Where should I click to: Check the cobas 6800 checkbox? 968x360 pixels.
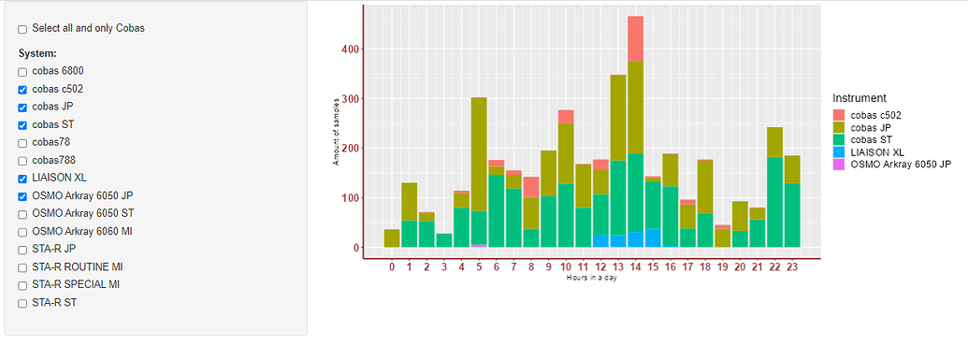[x=22, y=72]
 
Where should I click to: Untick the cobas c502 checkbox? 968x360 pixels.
[x=22, y=90]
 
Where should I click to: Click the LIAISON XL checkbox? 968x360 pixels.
[x=22, y=179]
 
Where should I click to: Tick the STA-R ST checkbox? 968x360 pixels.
[x=22, y=303]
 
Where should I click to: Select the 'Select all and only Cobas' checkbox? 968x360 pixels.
[x=22, y=29]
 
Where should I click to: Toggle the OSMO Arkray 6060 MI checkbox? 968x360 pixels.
[x=22, y=232]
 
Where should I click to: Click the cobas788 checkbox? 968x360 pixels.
[x=22, y=161]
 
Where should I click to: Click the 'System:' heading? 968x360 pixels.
[x=37, y=53]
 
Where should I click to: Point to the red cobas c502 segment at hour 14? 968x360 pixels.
[x=635, y=38]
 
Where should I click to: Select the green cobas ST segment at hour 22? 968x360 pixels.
[x=774, y=202]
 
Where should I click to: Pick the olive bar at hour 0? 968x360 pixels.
[x=392, y=238]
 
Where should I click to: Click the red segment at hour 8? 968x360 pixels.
[x=530, y=187]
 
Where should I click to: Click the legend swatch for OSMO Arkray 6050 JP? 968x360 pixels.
[x=839, y=164]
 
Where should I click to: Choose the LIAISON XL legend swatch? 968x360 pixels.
[x=839, y=151]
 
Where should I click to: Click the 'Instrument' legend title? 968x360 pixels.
[x=860, y=97]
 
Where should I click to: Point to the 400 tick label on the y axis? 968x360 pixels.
[x=347, y=49]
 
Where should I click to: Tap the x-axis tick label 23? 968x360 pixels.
[x=792, y=267]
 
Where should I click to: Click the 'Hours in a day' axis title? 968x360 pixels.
[x=591, y=278]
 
